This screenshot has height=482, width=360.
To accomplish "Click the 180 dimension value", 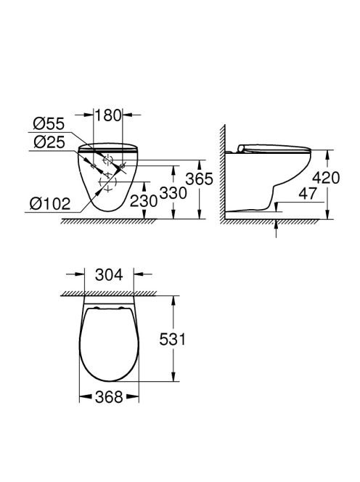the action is coord(107,115).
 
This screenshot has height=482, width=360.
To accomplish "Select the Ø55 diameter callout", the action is coord(49,123).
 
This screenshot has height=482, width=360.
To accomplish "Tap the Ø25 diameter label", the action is coord(49,142).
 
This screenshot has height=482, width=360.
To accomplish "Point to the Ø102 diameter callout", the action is coord(50,203).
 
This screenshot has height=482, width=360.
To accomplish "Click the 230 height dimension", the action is coord(144,201).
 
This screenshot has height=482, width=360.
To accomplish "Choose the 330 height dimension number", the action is coord(173,193).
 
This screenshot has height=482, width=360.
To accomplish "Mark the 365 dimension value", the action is coord(199,179).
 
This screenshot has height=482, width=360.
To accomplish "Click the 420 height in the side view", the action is coord(326,178).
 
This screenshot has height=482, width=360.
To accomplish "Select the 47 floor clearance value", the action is coord(308,193).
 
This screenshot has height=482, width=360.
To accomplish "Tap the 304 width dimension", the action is coord(109,274).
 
